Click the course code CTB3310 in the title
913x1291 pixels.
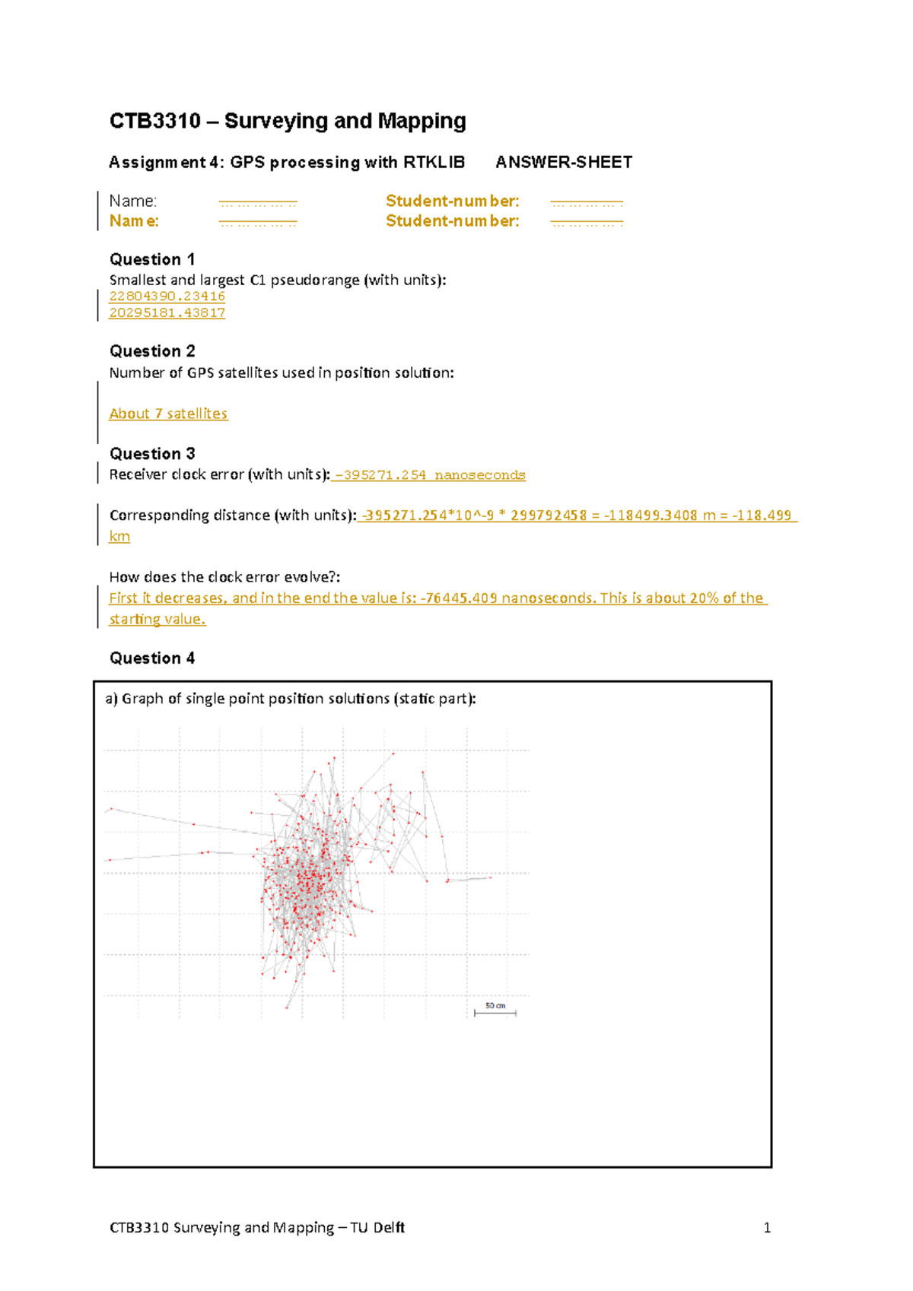155,121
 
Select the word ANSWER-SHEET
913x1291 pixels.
563,162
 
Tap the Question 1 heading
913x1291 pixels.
152,259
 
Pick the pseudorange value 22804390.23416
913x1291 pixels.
167,296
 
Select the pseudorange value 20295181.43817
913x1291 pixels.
167,312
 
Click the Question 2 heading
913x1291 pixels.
152,351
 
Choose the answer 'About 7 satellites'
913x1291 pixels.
168,414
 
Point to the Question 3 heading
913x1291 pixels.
152,454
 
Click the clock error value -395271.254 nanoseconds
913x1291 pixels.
430,475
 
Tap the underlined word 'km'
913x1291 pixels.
119,536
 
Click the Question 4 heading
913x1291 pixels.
152,658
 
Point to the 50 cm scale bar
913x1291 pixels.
495,1010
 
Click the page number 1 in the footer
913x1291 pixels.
767,1227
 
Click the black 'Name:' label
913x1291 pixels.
133,201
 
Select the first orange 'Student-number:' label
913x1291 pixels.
452,201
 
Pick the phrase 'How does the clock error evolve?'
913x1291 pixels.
224,577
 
